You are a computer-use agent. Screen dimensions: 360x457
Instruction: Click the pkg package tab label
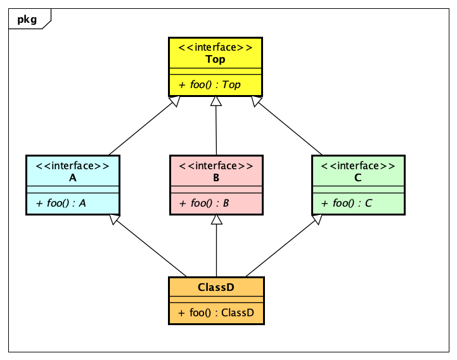coord(27,19)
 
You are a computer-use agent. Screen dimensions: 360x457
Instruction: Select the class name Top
coord(216,59)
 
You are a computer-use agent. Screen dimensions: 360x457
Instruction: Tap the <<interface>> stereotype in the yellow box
coord(216,48)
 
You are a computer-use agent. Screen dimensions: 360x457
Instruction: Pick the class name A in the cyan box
coord(72,178)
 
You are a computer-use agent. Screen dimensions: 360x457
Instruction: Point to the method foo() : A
coord(61,203)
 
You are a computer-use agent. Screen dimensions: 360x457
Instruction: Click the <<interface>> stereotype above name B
coord(216,166)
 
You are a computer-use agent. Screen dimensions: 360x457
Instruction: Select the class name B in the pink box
coord(216,178)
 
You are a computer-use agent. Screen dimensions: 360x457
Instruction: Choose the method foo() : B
coord(204,203)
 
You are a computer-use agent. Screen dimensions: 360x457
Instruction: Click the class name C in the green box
coord(358,178)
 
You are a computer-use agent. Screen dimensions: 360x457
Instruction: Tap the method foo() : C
coord(347,203)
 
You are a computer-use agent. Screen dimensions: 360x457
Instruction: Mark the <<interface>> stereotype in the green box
coord(358,166)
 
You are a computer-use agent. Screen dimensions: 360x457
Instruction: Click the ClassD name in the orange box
coord(216,287)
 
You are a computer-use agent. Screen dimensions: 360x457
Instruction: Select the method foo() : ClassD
coord(216,312)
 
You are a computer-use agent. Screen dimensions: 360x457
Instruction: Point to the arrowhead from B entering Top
coord(216,101)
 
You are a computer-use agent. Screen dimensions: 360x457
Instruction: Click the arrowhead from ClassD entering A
coord(114,219)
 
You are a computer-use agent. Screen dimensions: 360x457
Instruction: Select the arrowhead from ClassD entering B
coord(217,219)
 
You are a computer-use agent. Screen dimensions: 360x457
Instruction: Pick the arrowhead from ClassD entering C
coord(318,219)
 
